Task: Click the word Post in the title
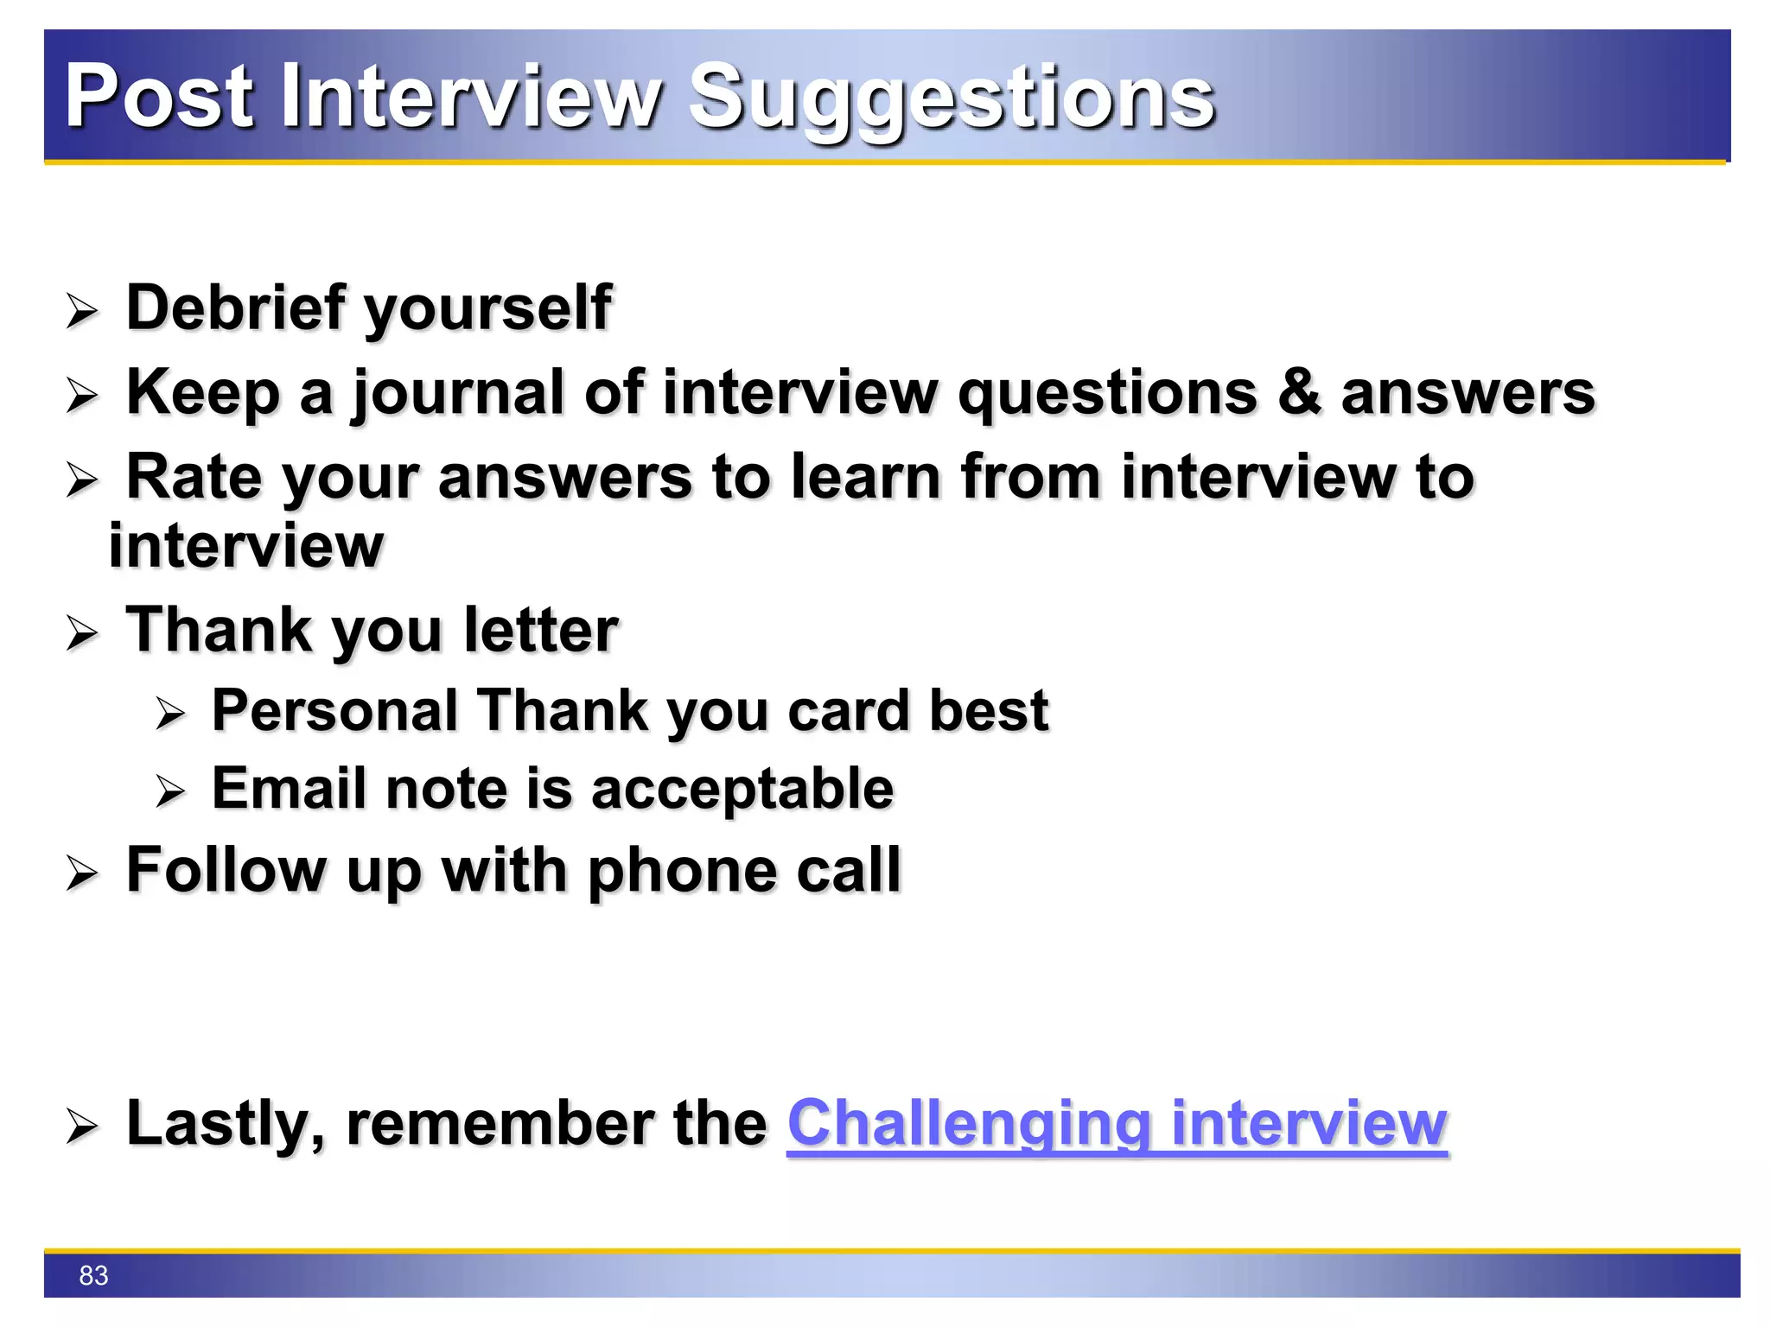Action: (160, 97)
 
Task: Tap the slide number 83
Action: (93, 1275)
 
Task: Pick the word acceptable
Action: (743, 790)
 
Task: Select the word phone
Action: (682, 871)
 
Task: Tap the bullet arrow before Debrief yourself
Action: (83, 311)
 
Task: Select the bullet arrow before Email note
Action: (170, 791)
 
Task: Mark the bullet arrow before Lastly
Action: (83, 1127)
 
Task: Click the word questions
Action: (1107, 394)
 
